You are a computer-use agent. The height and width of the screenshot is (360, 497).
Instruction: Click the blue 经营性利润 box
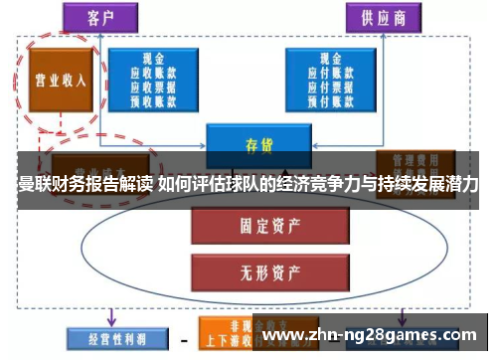106,337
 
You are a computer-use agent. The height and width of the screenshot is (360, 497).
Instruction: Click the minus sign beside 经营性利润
181,339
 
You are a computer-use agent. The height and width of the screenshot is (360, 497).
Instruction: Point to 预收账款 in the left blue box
154,99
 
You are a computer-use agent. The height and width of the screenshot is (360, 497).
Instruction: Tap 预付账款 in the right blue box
328,99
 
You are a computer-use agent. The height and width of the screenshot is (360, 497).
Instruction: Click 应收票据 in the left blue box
154,87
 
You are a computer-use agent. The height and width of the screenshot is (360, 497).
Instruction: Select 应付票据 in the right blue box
328,87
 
